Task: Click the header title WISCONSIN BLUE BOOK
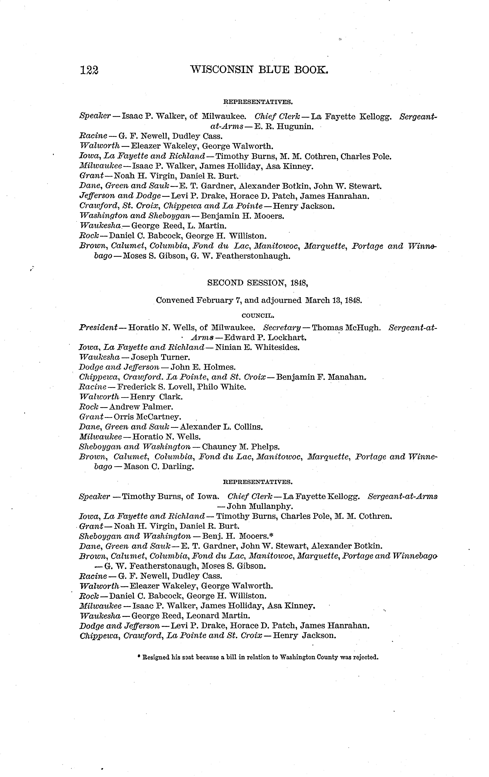[259, 69]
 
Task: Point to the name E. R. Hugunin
[283, 126]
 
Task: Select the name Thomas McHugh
[346, 328]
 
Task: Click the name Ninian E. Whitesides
[257, 348]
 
